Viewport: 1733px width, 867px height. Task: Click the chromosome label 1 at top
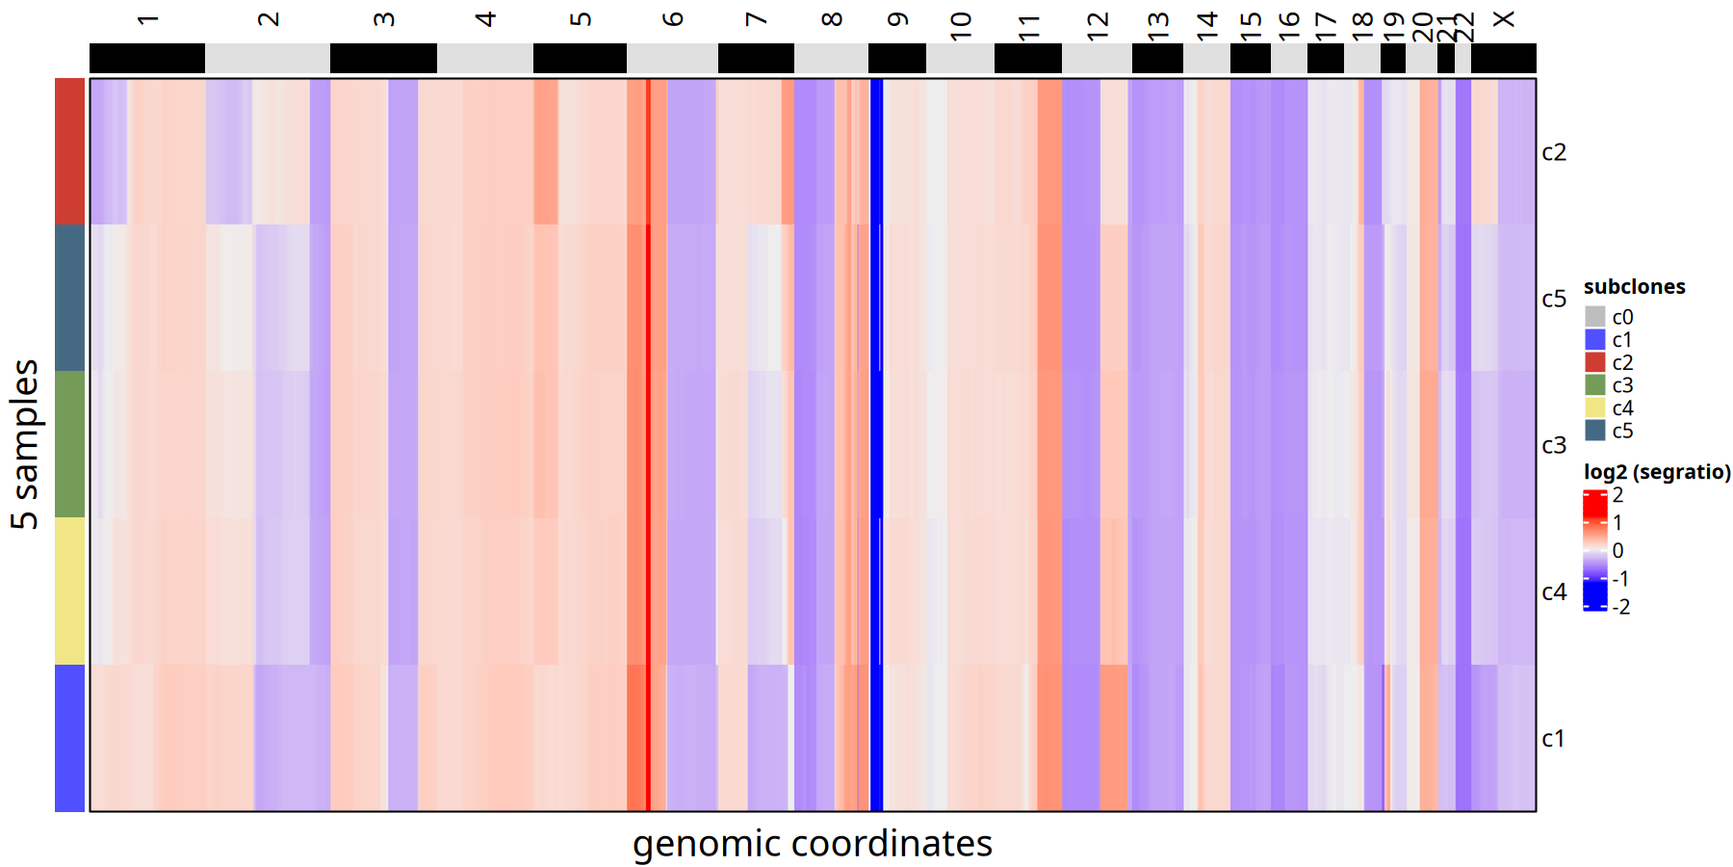tap(147, 19)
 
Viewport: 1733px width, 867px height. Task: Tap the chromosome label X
tap(1504, 19)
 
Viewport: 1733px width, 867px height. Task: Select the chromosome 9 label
tap(897, 19)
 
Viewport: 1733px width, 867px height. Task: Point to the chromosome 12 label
tap(1098, 25)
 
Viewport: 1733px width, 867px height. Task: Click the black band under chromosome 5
tap(580, 58)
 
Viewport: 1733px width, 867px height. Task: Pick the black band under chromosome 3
tap(383, 58)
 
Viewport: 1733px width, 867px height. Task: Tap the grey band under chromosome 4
tap(485, 58)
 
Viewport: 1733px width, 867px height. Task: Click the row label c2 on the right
tap(1554, 152)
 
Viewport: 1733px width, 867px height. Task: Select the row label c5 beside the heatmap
tap(1554, 299)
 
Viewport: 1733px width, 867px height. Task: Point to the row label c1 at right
tap(1554, 739)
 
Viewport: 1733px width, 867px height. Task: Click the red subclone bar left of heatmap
tap(69, 151)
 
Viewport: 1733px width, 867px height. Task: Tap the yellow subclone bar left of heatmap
tap(69, 591)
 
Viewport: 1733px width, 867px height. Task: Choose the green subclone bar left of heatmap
tap(69, 444)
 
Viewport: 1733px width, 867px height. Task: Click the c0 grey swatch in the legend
tap(1595, 317)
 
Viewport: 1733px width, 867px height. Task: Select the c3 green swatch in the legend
tap(1595, 385)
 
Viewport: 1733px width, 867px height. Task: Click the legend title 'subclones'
tap(1634, 287)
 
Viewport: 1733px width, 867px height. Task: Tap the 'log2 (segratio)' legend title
tap(1657, 472)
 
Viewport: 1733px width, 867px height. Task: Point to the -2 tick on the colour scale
tap(1621, 607)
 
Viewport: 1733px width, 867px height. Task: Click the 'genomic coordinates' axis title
tap(812, 844)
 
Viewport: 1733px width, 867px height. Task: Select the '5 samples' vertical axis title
tap(25, 444)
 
